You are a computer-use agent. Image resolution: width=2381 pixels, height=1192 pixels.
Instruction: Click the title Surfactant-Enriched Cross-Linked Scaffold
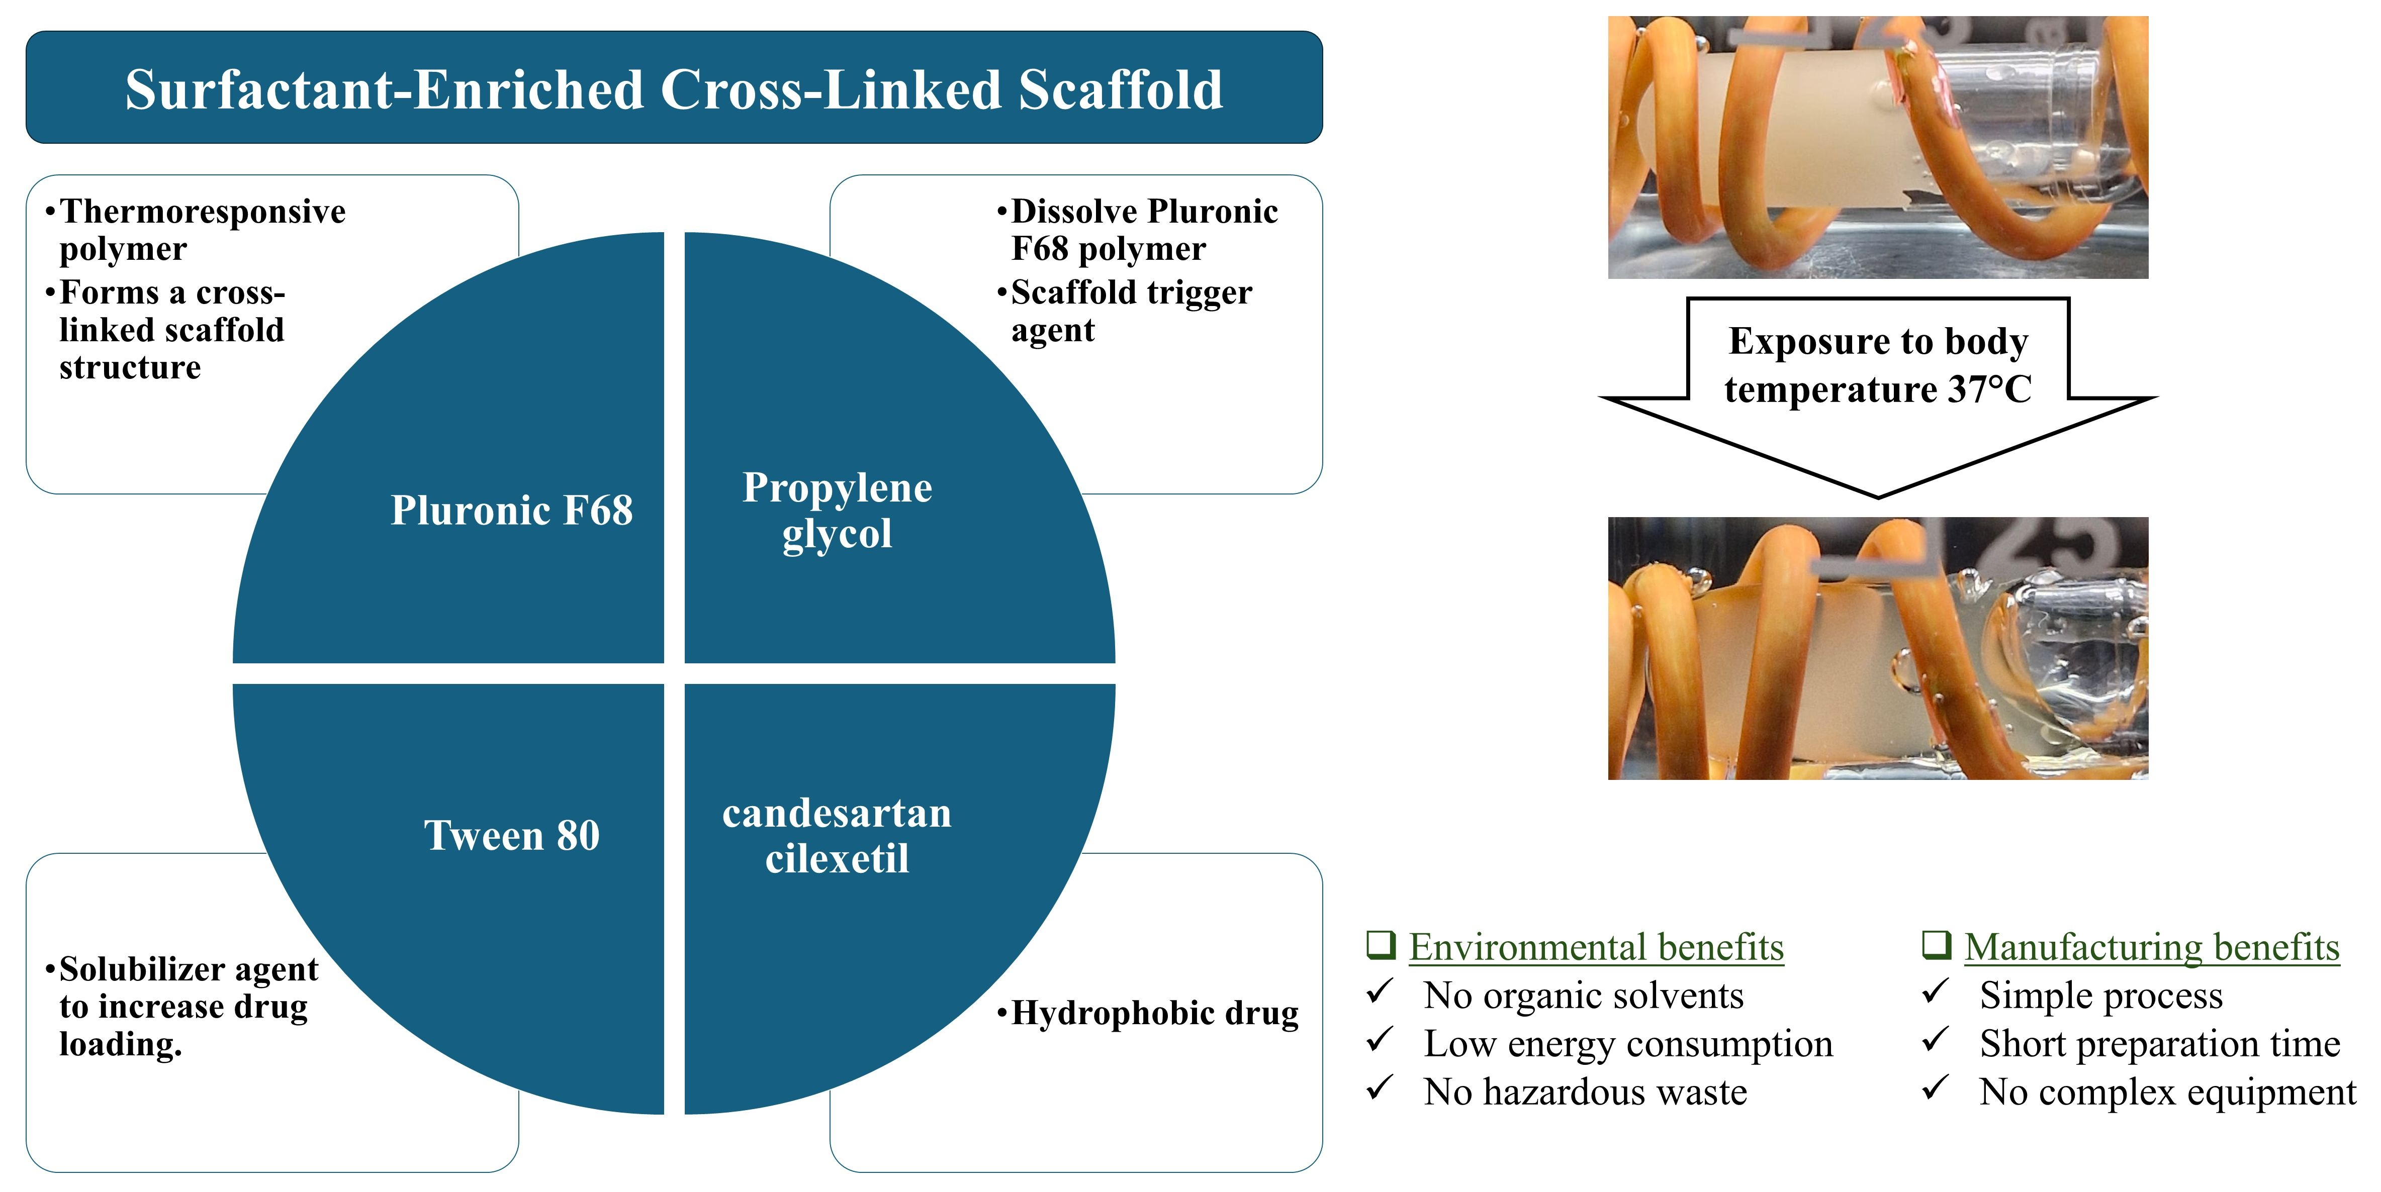674,89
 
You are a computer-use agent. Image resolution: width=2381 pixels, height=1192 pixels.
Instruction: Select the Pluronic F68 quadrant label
511,510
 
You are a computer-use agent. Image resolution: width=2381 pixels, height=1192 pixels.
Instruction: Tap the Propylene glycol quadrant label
837,510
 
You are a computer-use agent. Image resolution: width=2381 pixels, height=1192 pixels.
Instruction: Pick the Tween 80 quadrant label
511,835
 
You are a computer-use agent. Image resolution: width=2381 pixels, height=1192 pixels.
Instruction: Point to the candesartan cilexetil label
837,835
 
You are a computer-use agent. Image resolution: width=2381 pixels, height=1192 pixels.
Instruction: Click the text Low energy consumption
1628,1044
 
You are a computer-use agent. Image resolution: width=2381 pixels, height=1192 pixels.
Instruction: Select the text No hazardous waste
1585,1092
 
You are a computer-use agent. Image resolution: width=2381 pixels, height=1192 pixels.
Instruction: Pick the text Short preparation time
2159,1044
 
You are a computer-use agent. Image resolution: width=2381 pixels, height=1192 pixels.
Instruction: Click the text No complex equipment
2167,1092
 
